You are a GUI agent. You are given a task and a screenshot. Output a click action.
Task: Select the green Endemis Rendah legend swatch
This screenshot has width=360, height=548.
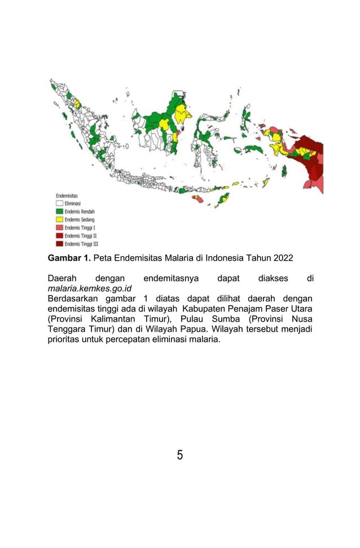point(59,211)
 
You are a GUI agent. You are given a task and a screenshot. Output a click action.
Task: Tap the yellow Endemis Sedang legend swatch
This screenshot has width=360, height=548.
point(59,219)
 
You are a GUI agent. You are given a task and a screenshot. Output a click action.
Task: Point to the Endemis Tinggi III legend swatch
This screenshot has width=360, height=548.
point(59,244)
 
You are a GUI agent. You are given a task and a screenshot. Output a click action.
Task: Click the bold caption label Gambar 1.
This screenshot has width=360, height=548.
point(69,258)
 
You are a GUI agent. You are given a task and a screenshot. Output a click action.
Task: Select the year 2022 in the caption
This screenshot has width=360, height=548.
point(282,258)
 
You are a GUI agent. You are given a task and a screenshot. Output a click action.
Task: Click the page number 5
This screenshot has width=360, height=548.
point(179,455)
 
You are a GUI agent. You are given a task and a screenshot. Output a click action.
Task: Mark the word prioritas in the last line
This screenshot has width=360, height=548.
point(67,340)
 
